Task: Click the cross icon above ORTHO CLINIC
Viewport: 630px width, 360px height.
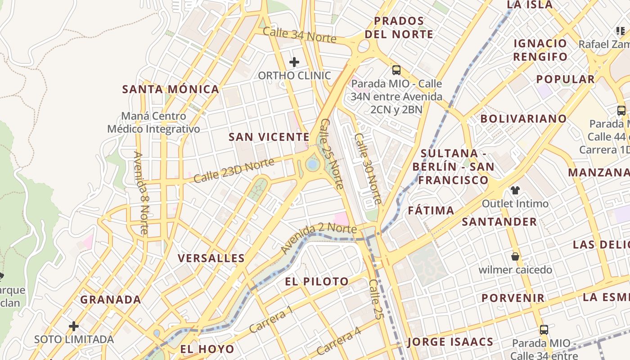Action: tap(294, 62)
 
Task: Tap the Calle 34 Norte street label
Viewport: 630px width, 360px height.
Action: tap(299, 35)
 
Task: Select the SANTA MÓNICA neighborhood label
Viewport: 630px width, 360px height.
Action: tap(171, 89)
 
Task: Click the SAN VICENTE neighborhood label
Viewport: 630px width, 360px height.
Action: tap(269, 137)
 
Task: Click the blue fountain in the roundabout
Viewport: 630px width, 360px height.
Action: tap(312, 165)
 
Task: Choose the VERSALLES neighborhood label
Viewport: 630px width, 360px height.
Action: tap(211, 258)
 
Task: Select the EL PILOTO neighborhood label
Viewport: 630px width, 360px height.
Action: tap(317, 282)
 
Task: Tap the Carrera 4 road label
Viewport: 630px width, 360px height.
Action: tap(338, 341)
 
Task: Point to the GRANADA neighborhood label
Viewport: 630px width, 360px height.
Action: tap(111, 300)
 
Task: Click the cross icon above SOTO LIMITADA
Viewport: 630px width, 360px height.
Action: tap(74, 326)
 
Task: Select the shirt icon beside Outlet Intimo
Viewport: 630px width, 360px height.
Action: tap(514, 190)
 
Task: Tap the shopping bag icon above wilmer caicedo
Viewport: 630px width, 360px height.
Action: tap(515, 256)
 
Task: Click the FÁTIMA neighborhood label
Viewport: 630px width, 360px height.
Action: tap(431, 211)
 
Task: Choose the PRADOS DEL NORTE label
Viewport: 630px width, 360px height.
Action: tap(399, 27)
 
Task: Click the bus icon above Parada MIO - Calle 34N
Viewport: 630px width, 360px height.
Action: tap(396, 70)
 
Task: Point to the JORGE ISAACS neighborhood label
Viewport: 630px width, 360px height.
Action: tap(450, 342)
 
